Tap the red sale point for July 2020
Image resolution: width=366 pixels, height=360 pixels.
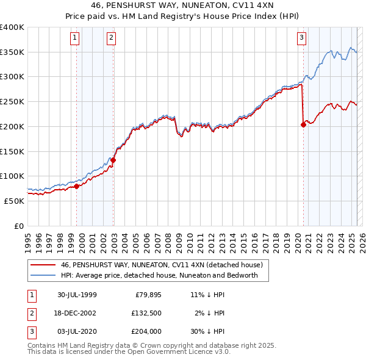304,124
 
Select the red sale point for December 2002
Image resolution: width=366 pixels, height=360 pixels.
113,160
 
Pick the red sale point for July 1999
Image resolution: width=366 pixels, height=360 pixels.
76,186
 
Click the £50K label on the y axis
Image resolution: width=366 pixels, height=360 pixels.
15,201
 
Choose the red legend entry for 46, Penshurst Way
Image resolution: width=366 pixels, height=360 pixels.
161,265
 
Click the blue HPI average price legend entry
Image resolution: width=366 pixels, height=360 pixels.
159,275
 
